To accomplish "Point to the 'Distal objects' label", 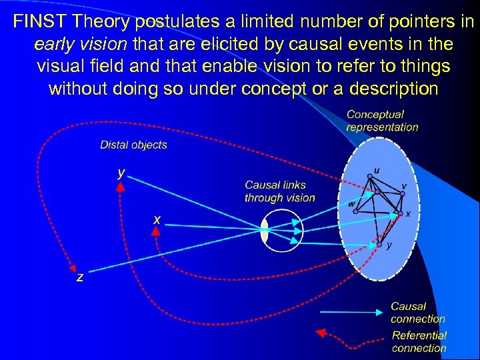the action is tap(133, 145).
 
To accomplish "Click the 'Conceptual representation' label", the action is tap(382, 121).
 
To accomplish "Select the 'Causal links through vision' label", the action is tap(279, 191).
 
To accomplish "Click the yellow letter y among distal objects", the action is tap(121, 173).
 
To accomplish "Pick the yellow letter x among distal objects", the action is tap(157, 218).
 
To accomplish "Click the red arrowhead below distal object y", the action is tap(121, 187).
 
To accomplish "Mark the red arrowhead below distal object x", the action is tap(155, 231).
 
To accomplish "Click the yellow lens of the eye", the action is tap(265, 232).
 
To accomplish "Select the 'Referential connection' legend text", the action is tap(419, 341).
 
